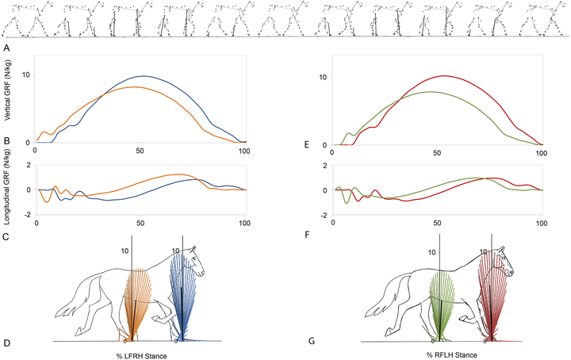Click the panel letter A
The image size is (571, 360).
[6, 48]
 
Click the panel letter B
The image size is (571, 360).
[6, 141]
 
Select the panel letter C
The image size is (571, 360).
[6, 237]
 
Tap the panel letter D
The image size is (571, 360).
[6, 343]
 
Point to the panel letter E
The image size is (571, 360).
[306, 144]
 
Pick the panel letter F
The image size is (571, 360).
[307, 235]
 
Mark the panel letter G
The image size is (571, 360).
[312, 341]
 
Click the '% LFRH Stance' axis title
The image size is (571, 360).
[142, 356]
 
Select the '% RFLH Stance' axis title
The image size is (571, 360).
[451, 355]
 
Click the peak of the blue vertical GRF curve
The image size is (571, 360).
[144, 76]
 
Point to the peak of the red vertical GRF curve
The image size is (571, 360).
[444, 75]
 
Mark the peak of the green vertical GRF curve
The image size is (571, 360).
[431, 92]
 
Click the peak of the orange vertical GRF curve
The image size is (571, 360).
[134, 86]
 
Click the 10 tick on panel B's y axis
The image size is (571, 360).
[27, 75]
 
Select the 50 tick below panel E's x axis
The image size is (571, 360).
[437, 153]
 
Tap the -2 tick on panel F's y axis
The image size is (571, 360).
[324, 215]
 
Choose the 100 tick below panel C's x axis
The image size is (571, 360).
[245, 222]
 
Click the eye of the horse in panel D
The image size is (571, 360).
[194, 258]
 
